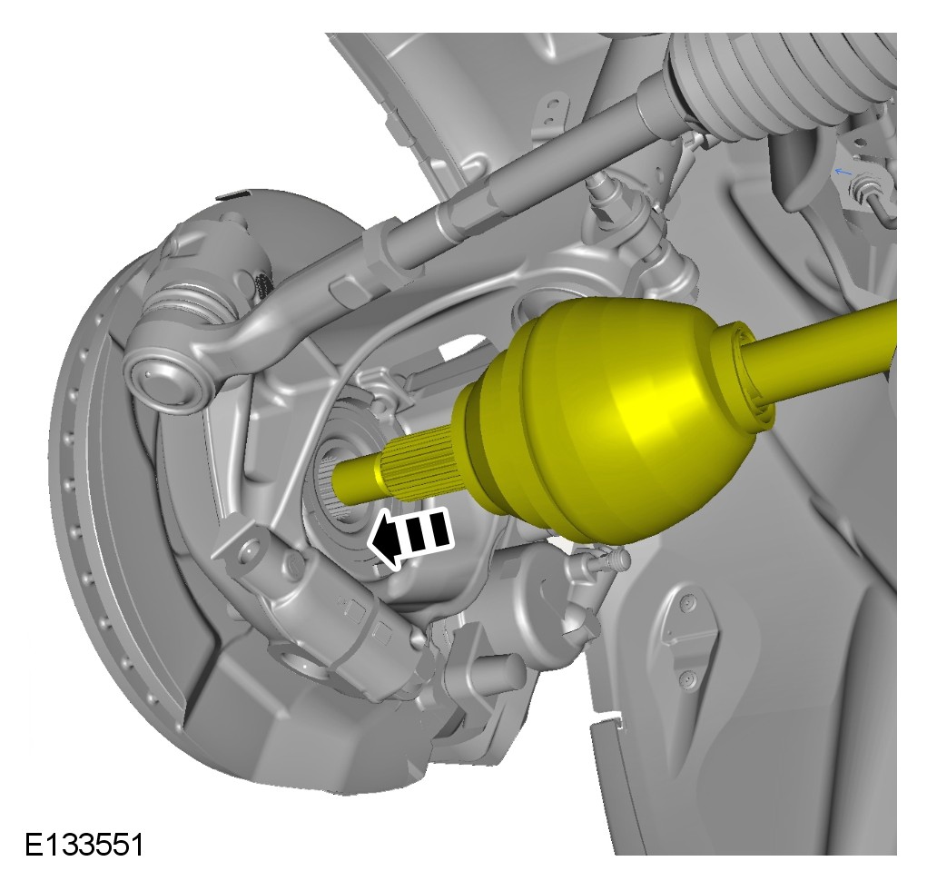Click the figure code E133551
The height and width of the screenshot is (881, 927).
coord(84,845)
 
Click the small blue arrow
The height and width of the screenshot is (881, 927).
coord(843,172)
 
